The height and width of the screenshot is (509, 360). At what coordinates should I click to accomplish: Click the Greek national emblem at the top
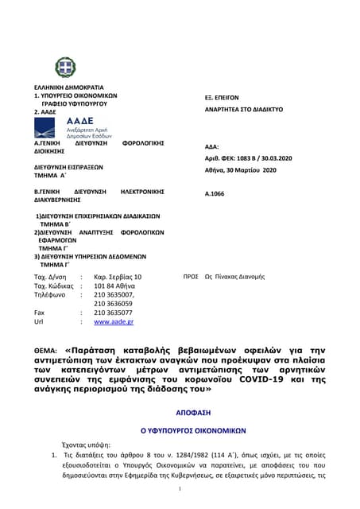[65, 67]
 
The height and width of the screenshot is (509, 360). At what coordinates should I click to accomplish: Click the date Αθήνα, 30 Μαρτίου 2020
[240, 170]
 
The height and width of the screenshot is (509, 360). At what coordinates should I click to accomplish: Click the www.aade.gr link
[114, 322]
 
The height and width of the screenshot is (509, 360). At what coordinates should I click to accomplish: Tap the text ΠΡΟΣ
[190, 276]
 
